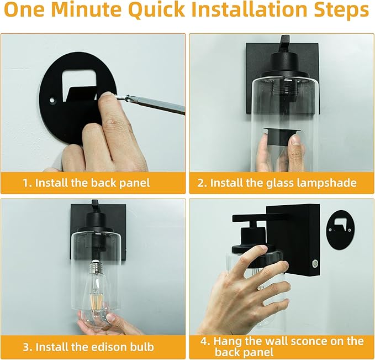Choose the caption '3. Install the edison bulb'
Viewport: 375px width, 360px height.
[x=88, y=347]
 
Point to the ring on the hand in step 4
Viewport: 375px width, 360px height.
[x=260, y=288]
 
